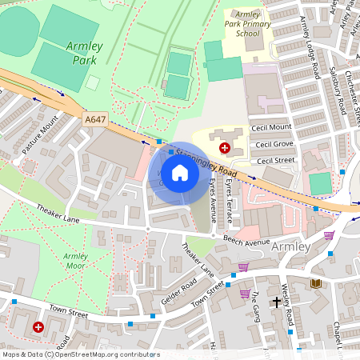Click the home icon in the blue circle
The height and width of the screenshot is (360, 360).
coord(180,173)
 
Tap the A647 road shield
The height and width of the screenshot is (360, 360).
coord(95,119)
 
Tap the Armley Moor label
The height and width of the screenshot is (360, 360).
coord(76,261)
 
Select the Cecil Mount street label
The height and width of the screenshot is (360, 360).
coord(272,127)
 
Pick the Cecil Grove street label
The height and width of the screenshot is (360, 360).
coord(272,145)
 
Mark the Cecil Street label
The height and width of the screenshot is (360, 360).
coord(274,160)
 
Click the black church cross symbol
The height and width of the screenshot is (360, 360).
coord(277,302)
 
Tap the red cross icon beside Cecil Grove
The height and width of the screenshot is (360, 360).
coord(226,148)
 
